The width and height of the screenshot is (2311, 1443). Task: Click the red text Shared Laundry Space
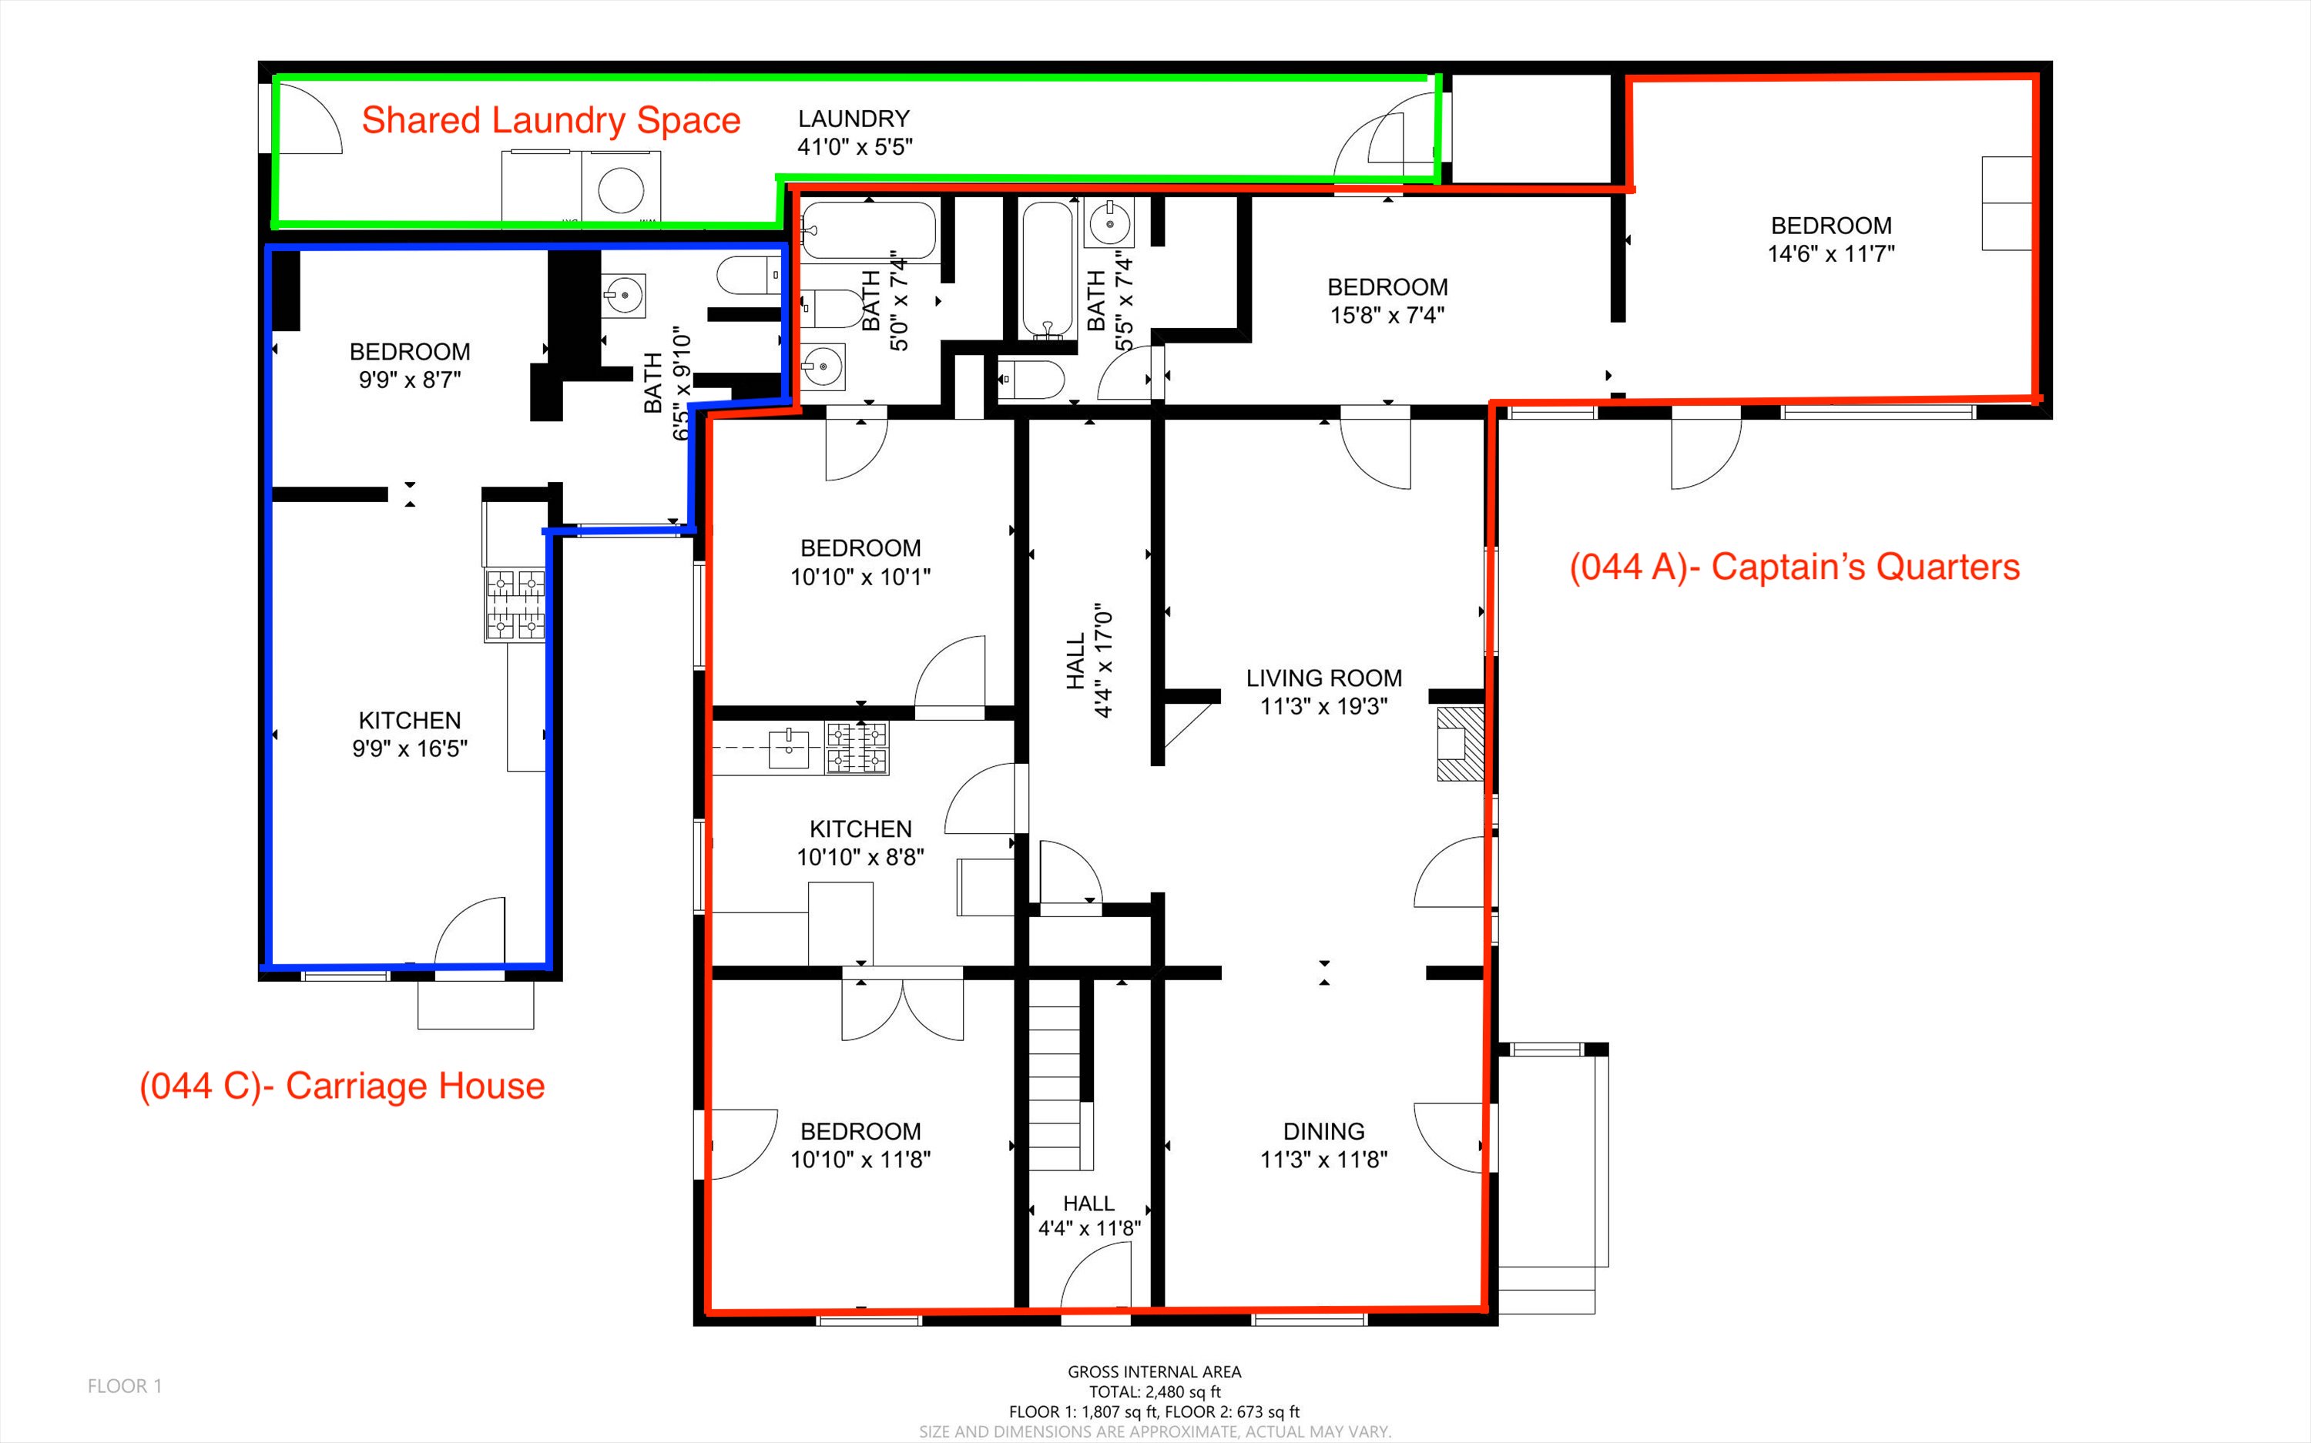click(551, 121)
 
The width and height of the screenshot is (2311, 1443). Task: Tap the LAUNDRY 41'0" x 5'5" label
click(854, 132)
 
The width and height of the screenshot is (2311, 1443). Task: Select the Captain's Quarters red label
click(1795, 567)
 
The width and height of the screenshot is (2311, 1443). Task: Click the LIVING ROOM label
click(1324, 678)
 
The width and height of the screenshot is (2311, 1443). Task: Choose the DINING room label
click(1324, 1132)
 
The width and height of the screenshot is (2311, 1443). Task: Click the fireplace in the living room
click(1461, 745)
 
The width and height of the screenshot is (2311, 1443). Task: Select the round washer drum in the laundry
click(620, 189)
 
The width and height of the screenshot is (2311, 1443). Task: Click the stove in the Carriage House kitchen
click(515, 605)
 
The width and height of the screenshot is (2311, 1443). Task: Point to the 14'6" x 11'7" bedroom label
click(1831, 239)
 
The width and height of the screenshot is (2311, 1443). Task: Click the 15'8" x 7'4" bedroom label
click(1388, 300)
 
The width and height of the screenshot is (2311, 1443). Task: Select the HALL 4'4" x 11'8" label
click(1089, 1216)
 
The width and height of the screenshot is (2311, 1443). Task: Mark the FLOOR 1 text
click(125, 1387)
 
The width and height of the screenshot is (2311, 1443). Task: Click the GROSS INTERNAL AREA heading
click(1154, 1372)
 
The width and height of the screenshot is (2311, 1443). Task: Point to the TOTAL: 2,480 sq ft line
click(1154, 1392)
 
